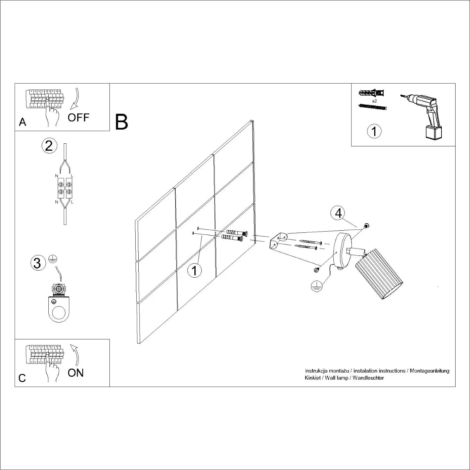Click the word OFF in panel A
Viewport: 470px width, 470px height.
click(79, 117)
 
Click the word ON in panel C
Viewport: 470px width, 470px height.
click(76, 373)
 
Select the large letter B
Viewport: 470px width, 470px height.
click(122, 122)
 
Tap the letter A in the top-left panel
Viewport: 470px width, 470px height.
click(22, 122)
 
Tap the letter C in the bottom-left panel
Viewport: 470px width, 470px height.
click(22, 378)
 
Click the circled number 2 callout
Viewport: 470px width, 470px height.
click(49, 146)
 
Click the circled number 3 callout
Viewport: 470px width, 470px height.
click(38, 263)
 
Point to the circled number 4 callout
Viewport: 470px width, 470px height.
click(338, 213)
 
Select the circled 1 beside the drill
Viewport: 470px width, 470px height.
click(374, 131)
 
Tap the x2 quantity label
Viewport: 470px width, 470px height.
click(374, 101)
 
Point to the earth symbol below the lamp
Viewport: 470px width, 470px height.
click(317, 286)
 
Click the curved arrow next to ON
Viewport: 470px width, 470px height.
click(76, 354)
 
